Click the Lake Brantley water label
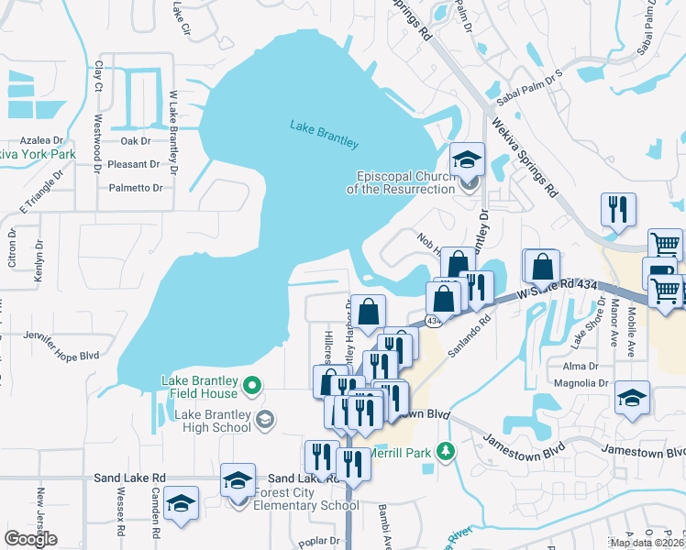tap(324, 134)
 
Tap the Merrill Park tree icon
tap(446, 451)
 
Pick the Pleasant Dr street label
tap(134, 165)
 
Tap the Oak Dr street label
tap(135, 141)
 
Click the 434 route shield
tap(434, 320)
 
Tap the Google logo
tap(30, 538)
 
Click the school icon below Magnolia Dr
tap(631, 398)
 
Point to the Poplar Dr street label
tap(318, 542)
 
